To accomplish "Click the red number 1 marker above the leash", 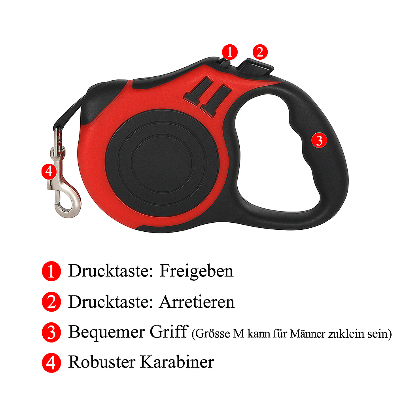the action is tap(230, 52).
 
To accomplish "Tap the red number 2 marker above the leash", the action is tap(260, 52).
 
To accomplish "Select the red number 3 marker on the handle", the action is tap(319, 140).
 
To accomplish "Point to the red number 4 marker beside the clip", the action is tap(49, 172).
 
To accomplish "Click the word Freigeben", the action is tap(196, 271).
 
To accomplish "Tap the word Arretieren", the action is tap(197, 302).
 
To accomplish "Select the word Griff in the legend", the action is tap(168, 332).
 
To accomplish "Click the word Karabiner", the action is tap(177, 361).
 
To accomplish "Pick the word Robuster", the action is tap(102, 361).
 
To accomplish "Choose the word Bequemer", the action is tap(106, 332).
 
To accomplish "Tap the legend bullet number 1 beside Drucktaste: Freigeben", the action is tap(51, 271).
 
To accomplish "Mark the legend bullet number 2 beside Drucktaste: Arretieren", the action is tap(51, 302).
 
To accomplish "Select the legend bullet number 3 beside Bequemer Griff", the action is tap(51, 332).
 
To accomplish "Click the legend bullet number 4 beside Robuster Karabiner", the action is tap(51, 363).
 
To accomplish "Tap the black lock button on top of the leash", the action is tap(256, 66).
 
